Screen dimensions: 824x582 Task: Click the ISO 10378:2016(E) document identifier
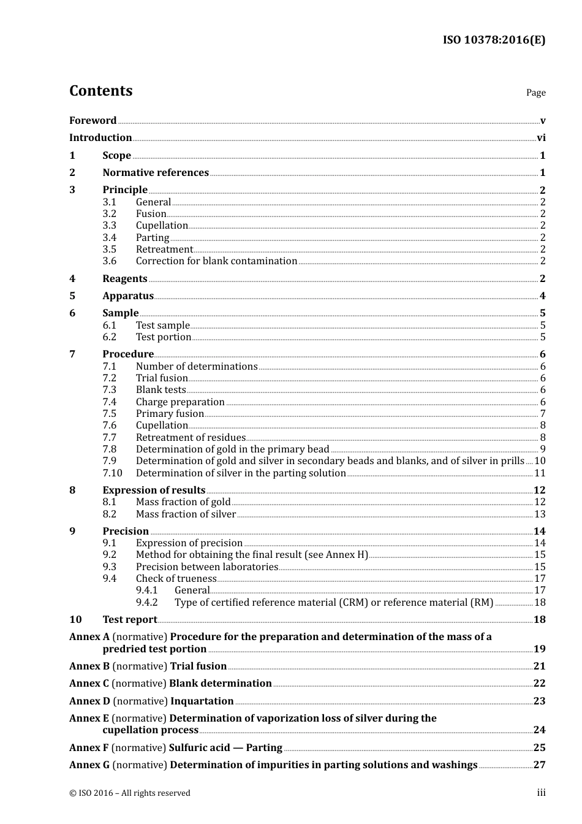(x=494, y=40)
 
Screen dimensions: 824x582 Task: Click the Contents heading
(x=100, y=91)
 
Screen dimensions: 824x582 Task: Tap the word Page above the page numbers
(x=535, y=93)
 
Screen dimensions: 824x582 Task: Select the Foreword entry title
(x=93, y=121)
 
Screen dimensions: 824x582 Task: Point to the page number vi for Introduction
(x=541, y=138)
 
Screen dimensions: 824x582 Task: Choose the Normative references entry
(x=156, y=173)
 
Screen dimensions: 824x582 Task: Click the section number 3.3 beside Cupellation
(x=109, y=226)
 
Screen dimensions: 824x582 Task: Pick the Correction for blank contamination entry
(x=216, y=261)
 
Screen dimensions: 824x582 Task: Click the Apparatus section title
(x=128, y=296)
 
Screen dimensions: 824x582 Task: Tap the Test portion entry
(x=164, y=337)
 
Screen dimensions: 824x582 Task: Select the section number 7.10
(x=112, y=473)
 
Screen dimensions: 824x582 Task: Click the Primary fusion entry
(x=170, y=414)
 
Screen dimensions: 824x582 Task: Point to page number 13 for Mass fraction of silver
(x=540, y=514)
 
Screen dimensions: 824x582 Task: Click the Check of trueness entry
(x=176, y=579)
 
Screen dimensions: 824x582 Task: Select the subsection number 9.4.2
(x=147, y=603)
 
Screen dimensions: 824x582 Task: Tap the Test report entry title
(x=130, y=620)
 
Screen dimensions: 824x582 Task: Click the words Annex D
(x=89, y=701)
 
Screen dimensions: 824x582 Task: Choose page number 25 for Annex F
(x=539, y=748)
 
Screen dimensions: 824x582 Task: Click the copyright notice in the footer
(x=130, y=793)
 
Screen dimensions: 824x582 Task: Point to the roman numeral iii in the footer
(x=541, y=793)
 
